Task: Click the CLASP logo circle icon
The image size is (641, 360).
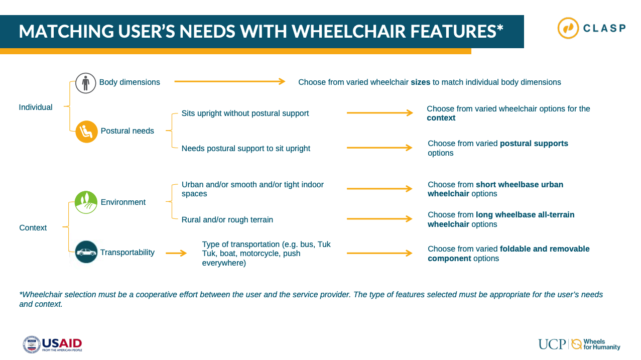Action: tap(568, 28)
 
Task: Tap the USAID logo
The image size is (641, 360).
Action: tap(53, 344)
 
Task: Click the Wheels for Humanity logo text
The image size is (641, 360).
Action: tap(601, 344)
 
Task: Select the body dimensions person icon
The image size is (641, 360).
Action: tap(85, 83)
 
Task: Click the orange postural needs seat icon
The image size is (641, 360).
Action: tap(86, 132)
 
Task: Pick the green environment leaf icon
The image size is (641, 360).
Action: tap(86, 202)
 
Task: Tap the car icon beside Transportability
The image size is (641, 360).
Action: tap(86, 252)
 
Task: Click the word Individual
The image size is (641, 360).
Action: tap(36, 107)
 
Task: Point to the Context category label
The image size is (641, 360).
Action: tap(33, 228)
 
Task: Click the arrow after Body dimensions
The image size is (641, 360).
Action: tap(230, 81)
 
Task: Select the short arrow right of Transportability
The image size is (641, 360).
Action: tap(176, 253)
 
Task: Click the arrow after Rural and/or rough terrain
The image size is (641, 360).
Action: tap(379, 219)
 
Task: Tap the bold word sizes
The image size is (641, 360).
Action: tap(420, 82)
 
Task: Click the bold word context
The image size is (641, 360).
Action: tap(441, 118)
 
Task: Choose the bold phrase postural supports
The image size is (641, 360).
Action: tap(534, 144)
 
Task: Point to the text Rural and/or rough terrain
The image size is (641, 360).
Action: tap(227, 220)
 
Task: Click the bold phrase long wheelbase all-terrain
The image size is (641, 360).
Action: tap(525, 214)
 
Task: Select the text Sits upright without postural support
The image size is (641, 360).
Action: tap(245, 113)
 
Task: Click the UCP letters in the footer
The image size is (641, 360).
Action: tap(552, 344)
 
